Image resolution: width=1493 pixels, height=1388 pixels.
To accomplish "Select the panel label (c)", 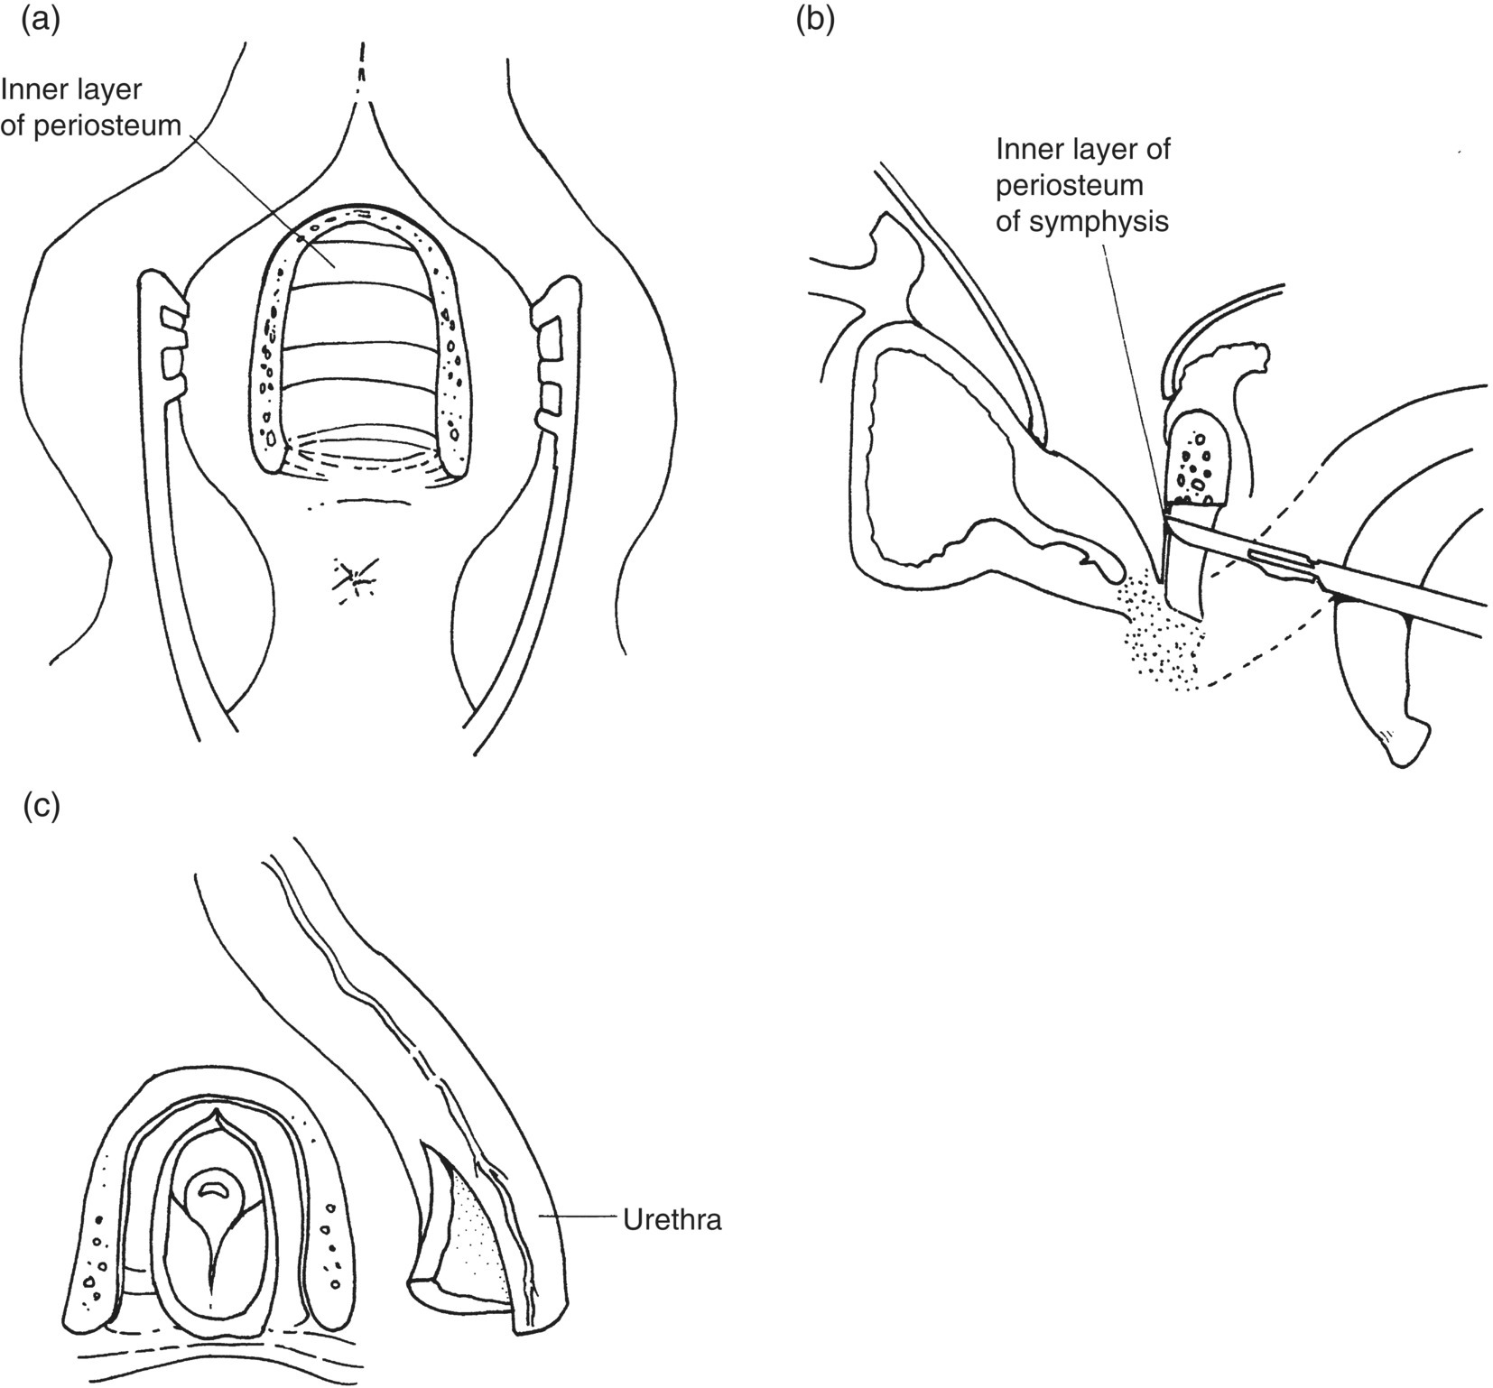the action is [x=40, y=806].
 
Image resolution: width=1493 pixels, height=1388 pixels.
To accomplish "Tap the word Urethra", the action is [x=672, y=1222].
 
